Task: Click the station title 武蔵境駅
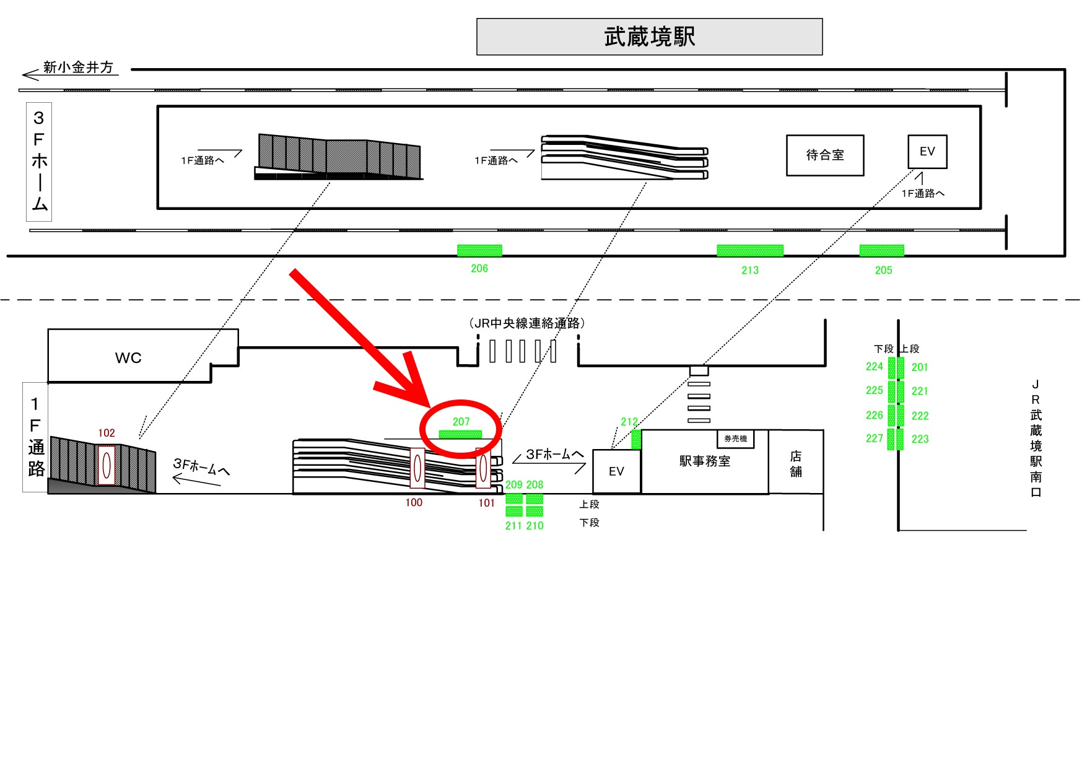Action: [649, 37]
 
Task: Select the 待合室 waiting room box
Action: [825, 155]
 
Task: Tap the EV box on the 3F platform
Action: [927, 152]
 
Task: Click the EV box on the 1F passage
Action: [616, 472]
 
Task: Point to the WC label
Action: [128, 358]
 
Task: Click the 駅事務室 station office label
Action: [705, 461]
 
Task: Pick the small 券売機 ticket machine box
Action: [736, 439]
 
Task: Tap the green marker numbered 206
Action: [479, 251]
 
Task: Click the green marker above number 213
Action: [750, 251]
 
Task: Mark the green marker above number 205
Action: [882, 251]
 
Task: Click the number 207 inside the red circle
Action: [461, 422]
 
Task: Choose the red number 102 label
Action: [107, 433]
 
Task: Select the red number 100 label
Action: [414, 503]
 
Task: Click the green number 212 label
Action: [629, 422]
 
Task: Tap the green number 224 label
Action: [874, 367]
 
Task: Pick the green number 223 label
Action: [920, 439]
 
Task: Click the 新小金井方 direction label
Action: [78, 68]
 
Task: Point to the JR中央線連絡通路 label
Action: [527, 323]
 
